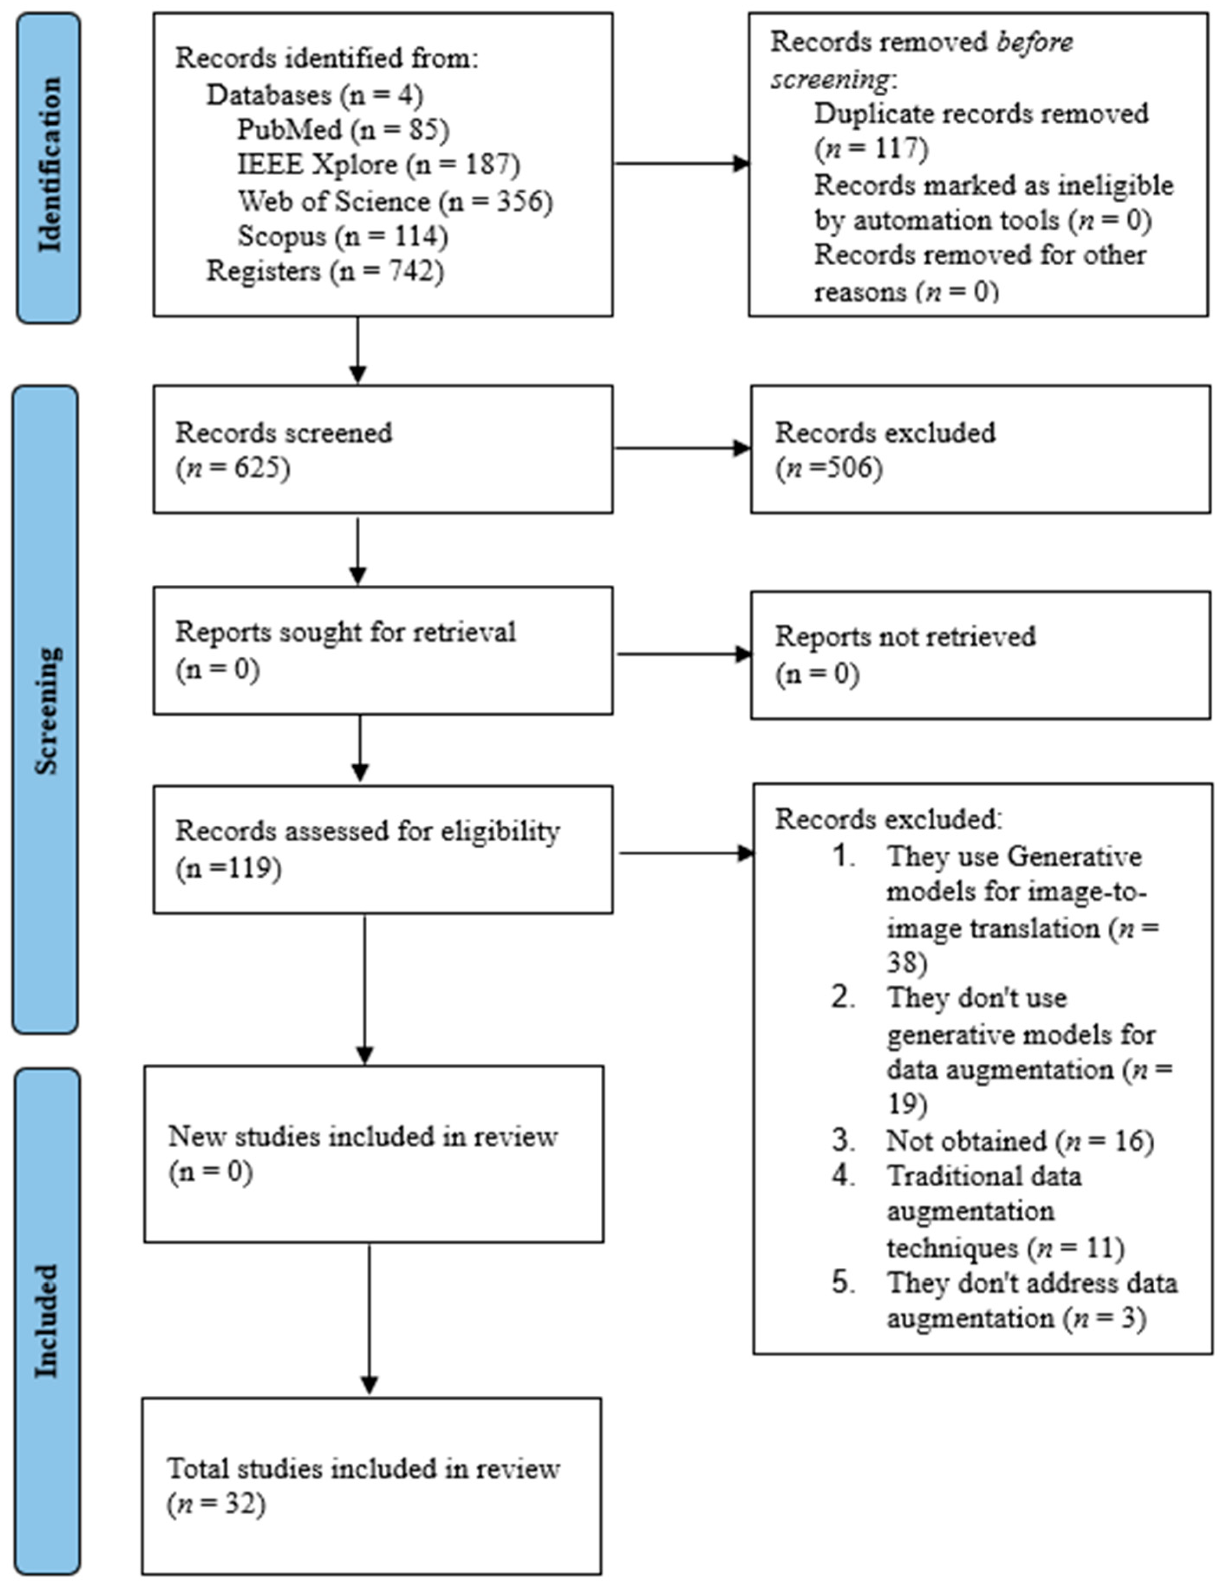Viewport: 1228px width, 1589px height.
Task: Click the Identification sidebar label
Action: click(x=49, y=166)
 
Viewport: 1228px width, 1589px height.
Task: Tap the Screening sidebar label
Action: click(x=46, y=710)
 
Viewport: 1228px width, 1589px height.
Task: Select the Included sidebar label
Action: click(x=46, y=1321)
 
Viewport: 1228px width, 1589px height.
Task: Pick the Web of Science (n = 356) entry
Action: click(x=395, y=201)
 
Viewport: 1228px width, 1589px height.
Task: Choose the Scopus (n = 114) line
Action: click(x=342, y=236)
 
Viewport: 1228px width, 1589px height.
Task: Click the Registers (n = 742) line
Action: click(x=325, y=270)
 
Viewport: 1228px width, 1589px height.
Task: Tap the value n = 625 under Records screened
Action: click(x=233, y=468)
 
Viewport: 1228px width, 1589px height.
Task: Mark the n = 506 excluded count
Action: click(x=829, y=468)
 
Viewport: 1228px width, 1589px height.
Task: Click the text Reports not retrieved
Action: click(x=904, y=637)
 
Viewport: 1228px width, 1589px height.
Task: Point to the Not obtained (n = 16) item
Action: click(x=1019, y=1141)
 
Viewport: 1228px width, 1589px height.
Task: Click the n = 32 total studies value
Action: click(x=217, y=1504)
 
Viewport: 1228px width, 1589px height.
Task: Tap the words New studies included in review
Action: click(x=362, y=1136)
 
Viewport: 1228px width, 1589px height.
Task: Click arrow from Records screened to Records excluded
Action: click(x=682, y=448)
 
